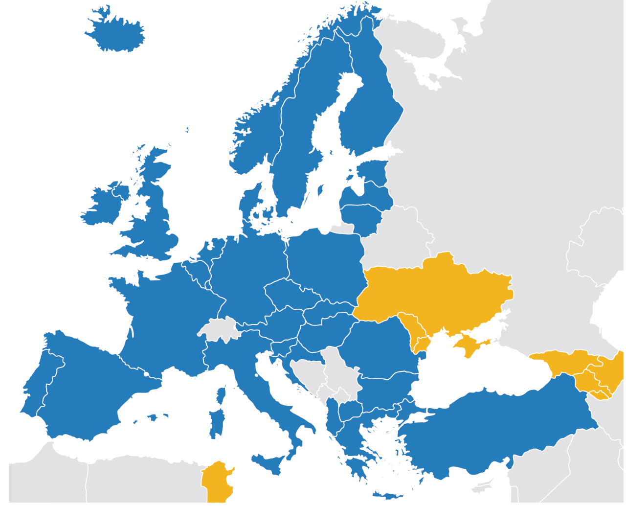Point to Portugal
39,387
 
